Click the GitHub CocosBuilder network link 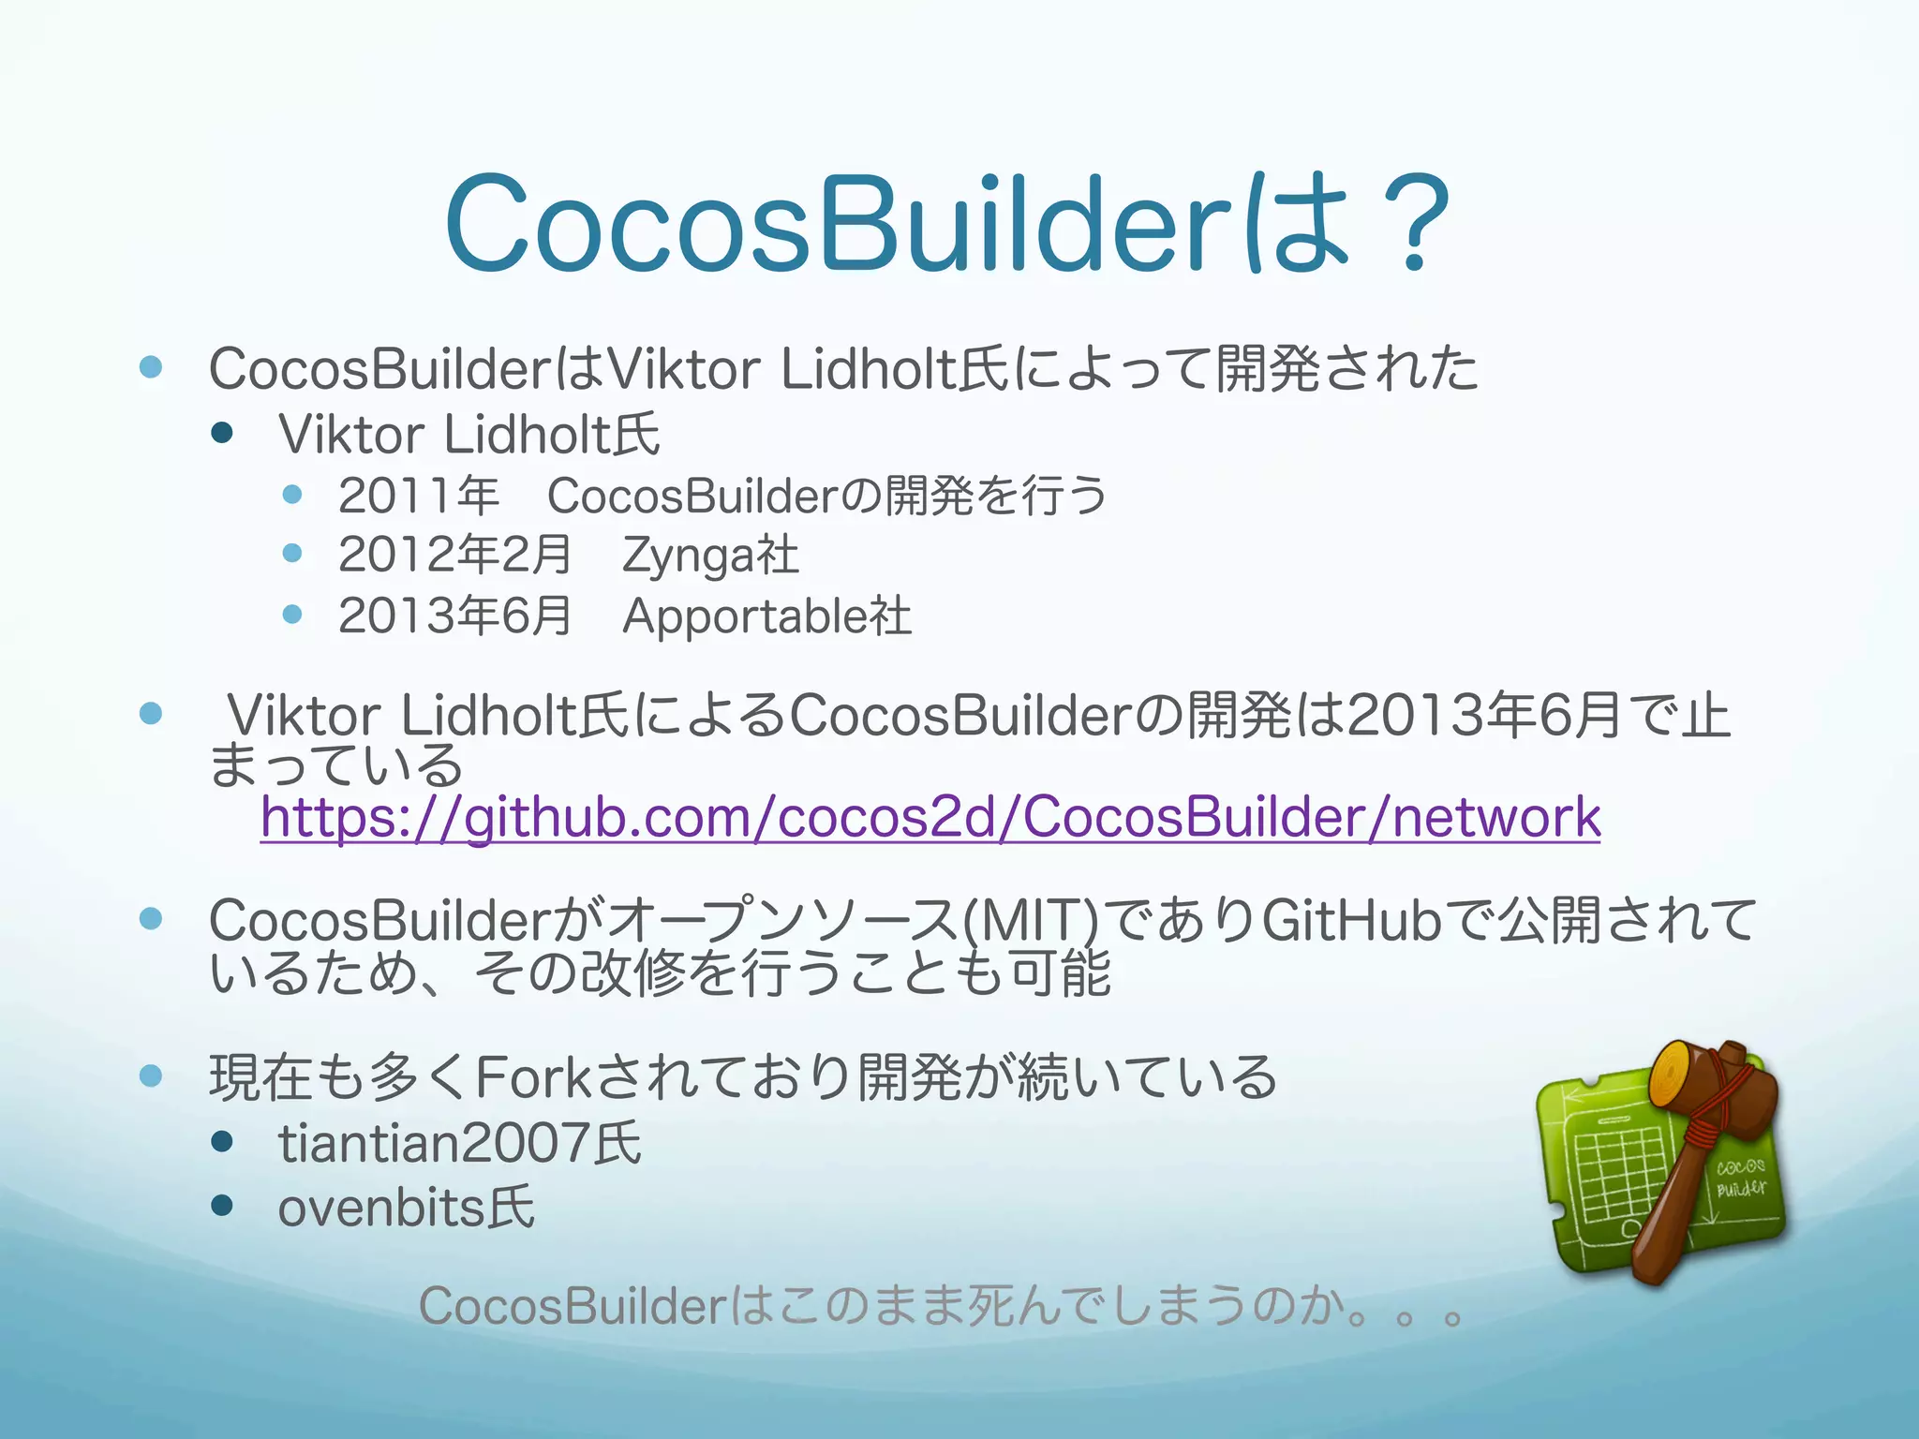click(x=930, y=817)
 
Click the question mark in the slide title click(x=1409, y=225)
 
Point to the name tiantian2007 click(x=434, y=1144)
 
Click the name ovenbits click(x=381, y=1208)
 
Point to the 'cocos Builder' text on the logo click(x=1740, y=1178)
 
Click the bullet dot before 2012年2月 click(x=292, y=553)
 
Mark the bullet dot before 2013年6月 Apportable click(x=292, y=615)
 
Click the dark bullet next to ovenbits click(x=222, y=1206)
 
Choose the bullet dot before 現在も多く click(x=151, y=1076)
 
